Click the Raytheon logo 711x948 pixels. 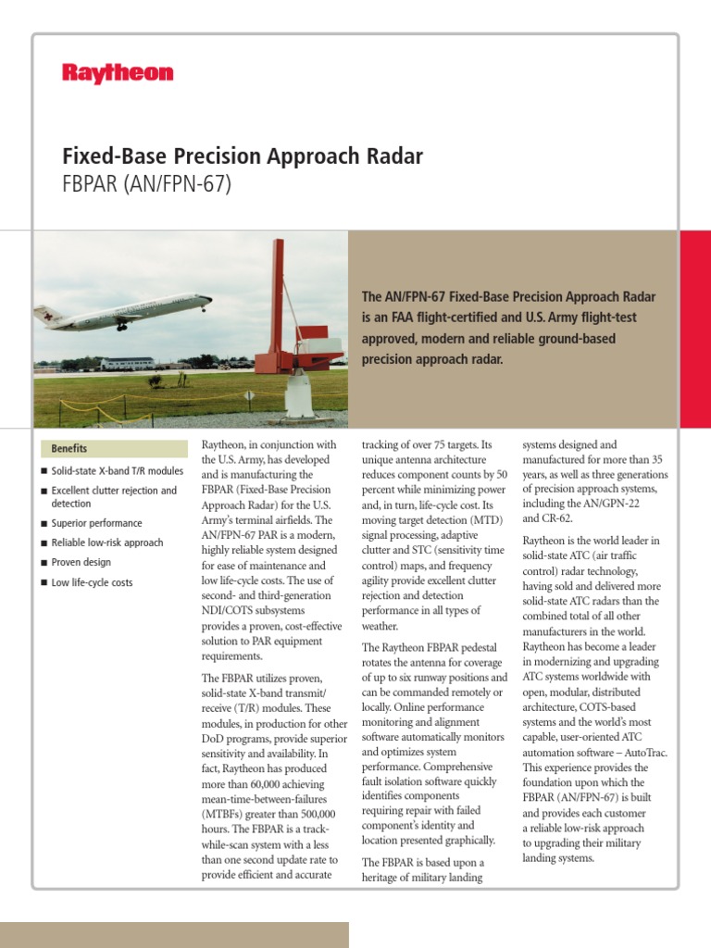coord(118,73)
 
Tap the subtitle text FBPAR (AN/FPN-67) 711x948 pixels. coord(145,185)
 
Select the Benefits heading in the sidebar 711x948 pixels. coord(69,448)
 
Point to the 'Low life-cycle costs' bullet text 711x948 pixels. coord(94,582)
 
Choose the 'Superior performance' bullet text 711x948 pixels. coord(96,523)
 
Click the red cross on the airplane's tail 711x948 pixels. coord(42,315)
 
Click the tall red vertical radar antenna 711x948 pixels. coord(277,296)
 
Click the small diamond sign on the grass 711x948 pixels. coord(249,395)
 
